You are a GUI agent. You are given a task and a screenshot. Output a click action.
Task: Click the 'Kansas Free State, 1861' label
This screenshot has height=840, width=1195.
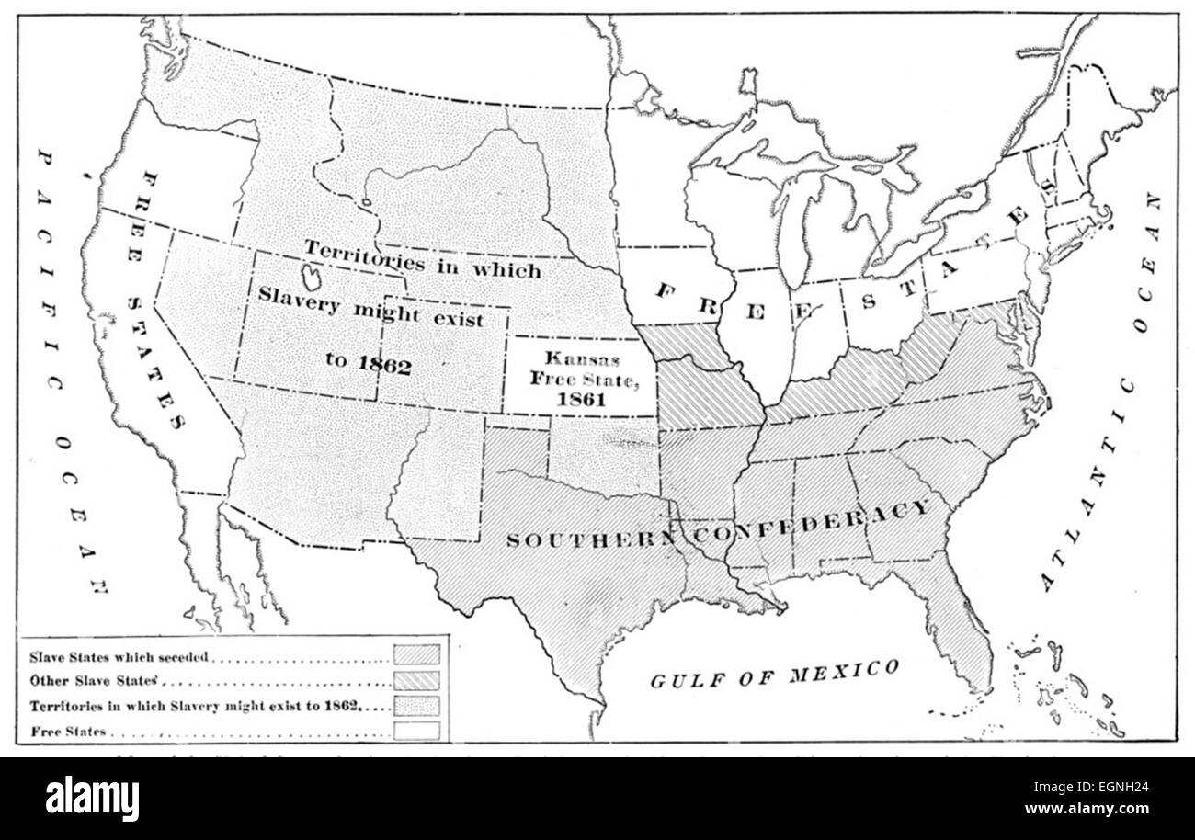(580, 378)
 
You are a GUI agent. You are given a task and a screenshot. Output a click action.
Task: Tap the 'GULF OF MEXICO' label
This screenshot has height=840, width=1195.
(775, 675)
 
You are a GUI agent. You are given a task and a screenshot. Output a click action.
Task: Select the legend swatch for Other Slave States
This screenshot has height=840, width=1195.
(416, 681)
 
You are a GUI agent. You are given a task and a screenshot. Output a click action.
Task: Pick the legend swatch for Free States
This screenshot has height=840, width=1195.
(416, 731)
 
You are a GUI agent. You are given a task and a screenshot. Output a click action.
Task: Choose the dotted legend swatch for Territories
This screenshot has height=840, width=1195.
(416, 706)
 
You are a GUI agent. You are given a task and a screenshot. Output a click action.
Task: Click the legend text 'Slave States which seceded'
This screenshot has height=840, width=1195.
(119, 657)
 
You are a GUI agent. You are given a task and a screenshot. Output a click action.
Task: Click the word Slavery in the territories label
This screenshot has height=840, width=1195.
(296, 295)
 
